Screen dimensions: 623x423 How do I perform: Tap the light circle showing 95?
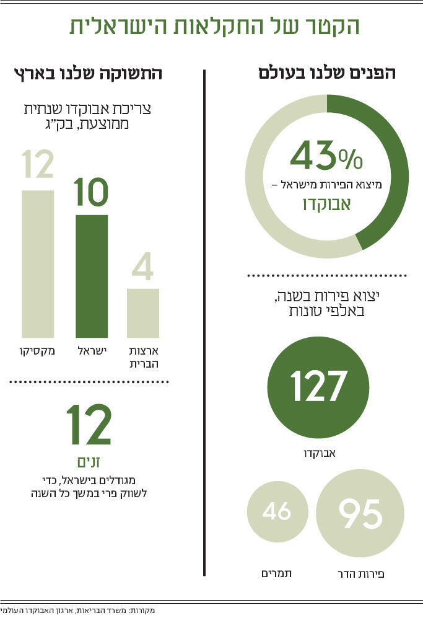coord(360,513)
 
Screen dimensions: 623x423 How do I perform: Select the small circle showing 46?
coord(276,513)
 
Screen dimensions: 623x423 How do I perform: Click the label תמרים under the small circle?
coord(276,573)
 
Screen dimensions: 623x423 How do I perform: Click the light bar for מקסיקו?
coord(38,264)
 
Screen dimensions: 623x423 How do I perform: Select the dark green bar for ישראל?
coord(92,276)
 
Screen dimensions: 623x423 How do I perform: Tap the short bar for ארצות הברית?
coord(143,313)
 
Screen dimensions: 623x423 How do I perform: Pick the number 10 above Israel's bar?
coord(92,193)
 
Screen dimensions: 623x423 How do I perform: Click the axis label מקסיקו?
coord(37,351)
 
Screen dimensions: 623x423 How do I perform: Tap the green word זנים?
coord(89,462)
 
